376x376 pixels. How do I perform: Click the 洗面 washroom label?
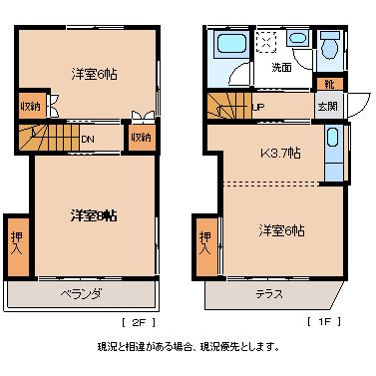coord(281,68)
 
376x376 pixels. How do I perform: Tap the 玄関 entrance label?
coord(326,106)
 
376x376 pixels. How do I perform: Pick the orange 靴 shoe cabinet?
coord(328,85)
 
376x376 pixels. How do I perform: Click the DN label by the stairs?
coord(88,139)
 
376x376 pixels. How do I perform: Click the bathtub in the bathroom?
coord(230,47)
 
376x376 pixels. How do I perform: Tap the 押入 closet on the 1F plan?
coord(205,242)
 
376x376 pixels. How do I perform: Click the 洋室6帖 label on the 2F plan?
coord(91,74)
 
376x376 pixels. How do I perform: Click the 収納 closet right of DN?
coord(140,137)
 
